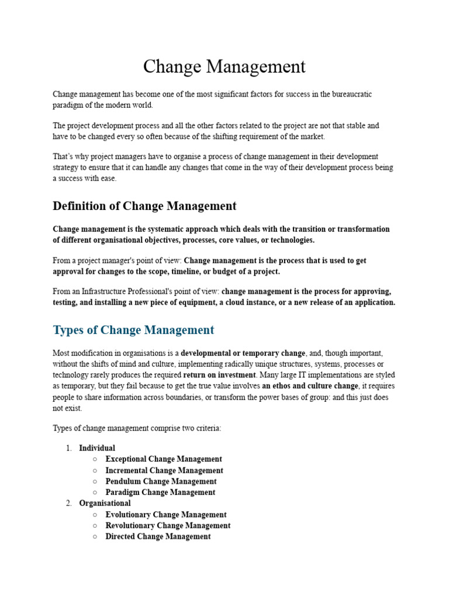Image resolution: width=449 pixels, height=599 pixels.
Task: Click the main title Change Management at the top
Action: (224, 67)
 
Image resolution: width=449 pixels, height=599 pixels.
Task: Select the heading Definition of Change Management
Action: (144, 206)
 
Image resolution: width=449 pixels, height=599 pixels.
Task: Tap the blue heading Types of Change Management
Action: (133, 330)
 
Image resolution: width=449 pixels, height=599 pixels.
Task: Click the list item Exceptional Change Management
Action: (164, 459)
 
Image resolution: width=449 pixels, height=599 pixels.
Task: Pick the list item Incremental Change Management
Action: (164, 470)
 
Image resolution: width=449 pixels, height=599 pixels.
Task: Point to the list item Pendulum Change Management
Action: (161, 481)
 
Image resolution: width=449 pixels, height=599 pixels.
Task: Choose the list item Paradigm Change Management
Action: (160, 493)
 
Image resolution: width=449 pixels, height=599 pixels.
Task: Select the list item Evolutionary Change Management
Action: (166, 515)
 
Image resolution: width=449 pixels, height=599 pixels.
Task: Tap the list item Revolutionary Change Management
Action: (168, 526)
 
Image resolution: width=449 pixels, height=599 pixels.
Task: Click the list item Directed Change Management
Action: (158, 536)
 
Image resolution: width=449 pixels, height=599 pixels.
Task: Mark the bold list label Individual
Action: (97, 448)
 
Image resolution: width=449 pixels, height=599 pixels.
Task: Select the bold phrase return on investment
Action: (219, 375)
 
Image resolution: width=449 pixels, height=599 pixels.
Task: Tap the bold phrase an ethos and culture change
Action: (310, 386)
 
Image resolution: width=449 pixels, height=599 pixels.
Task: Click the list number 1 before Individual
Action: (68, 448)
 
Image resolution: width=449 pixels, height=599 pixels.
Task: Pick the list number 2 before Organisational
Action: (68, 504)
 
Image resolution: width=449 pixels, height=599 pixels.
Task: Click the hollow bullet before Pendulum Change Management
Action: (95, 481)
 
